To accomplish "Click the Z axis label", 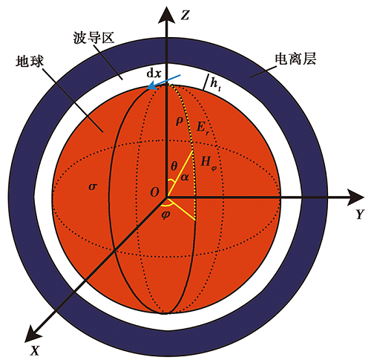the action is (x=185, y=15).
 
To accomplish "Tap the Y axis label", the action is (x=360, y=214).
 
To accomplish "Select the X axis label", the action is (x=35, y=350).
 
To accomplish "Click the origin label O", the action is (x=154, y=192).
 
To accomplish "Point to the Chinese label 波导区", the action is (x=93, y=39).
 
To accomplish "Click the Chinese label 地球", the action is (x=30, y=61).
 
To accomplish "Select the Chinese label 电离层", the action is (x=295, y=59).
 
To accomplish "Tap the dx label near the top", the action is (x=154, y=73).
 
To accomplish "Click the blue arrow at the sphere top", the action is (x=163, y=82).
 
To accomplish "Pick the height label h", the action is (x=215, y=85).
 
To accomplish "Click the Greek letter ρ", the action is (x=180, y=121).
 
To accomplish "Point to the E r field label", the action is (x=203, y=128).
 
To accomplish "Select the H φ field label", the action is (x=209, y=163).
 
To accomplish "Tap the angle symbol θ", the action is (x=174, y=166).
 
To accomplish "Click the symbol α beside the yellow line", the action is (x=185, y=177).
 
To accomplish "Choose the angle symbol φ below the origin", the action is (x=165, y=215).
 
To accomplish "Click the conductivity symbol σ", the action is (x=92, y=186).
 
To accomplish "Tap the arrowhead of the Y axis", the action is (x=355, y=197).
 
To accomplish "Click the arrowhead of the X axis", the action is (x=34, y=333).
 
